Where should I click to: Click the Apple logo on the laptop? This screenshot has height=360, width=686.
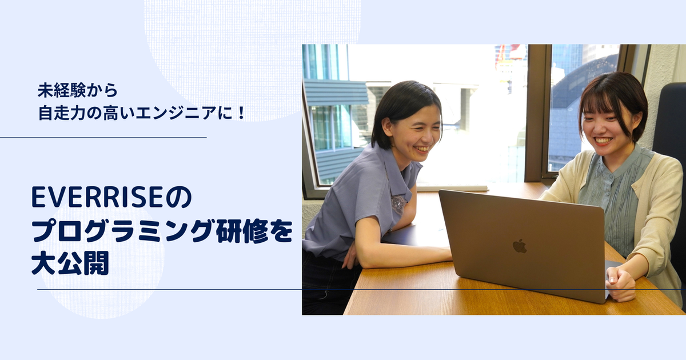pos(520,246)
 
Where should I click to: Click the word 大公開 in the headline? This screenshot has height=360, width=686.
pos(70,263)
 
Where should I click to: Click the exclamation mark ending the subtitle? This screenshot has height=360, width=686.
pos(241,113)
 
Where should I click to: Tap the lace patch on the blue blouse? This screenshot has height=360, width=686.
pos(398,204)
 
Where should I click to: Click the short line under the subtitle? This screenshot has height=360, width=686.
pos(103,138)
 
